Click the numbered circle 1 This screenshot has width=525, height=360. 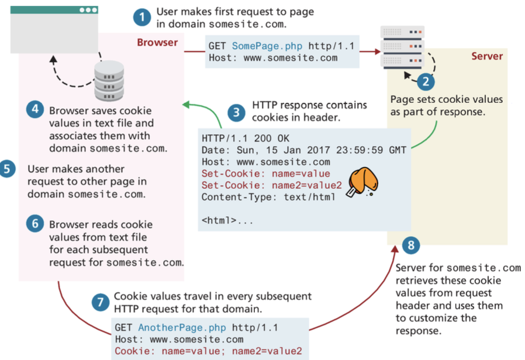click(x=141, y=17)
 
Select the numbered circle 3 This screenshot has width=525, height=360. click(x=236, y=112)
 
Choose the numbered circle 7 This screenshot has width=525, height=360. click(x=100, y=303)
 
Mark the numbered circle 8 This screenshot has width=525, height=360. click(x=411, y=245)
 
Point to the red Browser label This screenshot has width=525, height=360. click(x=157, y=43)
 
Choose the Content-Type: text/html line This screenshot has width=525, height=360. click(x=268, y=197)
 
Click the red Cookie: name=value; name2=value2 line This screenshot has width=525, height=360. click(x=208, y=351)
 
